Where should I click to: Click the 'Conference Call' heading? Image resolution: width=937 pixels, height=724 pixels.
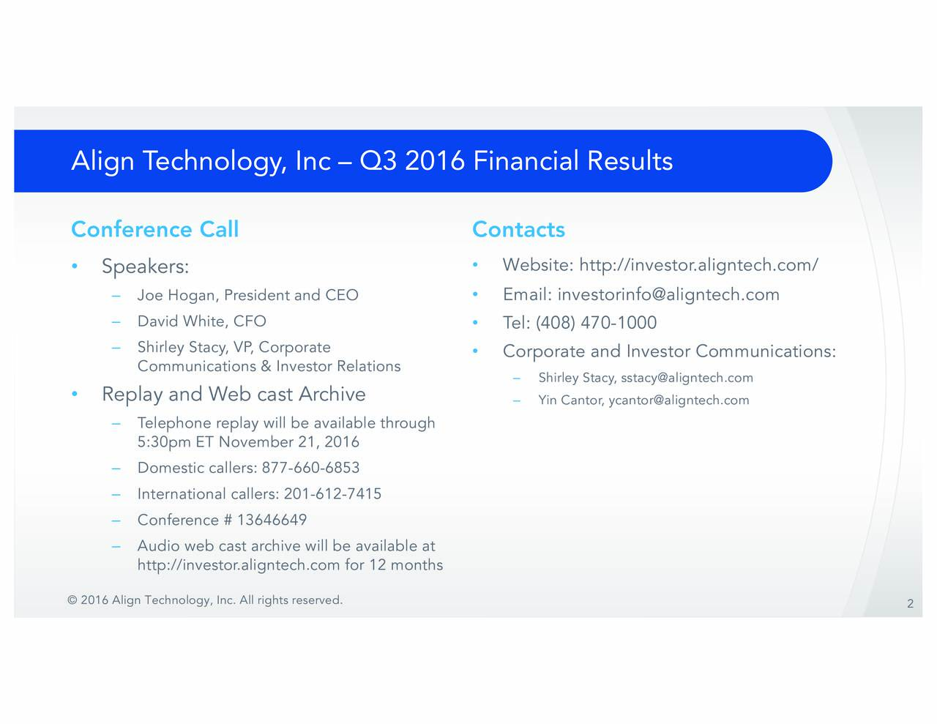[x=154, y=230]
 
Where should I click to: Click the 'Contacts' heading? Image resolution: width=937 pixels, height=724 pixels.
[x=518, y=230]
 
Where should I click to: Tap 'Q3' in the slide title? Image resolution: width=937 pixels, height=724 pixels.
[x=378, y=161]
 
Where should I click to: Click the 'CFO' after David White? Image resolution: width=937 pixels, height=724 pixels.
[x=250, y=321]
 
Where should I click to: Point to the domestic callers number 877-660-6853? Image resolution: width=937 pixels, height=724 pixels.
[x=310, y=468]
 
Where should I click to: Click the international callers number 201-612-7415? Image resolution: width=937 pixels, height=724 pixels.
[x=332, y=494]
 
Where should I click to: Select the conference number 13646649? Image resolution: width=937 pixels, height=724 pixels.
[x=272, y=520]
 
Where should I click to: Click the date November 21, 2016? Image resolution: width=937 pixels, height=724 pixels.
[x=288, y=442]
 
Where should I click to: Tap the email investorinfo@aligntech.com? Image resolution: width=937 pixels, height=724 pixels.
[x=668, y=294]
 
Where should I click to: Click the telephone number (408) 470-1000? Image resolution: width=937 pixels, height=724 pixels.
[x=596, y=323]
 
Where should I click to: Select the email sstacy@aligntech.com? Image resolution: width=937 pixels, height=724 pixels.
[x=687, y=378]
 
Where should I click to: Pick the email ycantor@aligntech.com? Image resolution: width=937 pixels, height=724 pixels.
[x=679, y=400]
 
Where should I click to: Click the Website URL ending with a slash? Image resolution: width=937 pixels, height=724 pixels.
[x=698, y=265]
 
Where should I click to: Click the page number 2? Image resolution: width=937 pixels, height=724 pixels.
[x=910, y=604]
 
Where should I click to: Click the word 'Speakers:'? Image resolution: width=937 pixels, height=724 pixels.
[x=145, y=266]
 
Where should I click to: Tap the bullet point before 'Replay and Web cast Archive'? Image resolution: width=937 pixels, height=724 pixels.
[x=75, y=395]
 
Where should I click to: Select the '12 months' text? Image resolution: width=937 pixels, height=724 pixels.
[x=406, y=565]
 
